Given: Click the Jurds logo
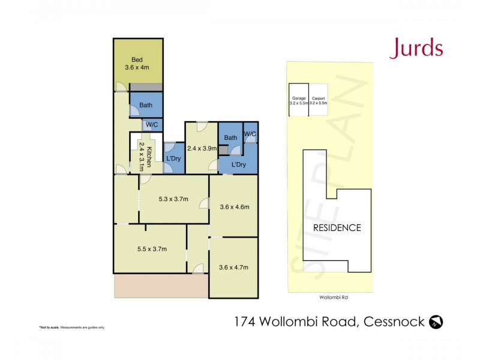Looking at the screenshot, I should [416, 48].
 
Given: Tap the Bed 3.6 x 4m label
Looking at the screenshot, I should [139, 64].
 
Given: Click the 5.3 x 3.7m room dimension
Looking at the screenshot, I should [173, 199].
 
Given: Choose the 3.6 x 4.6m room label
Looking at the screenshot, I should [234, 207].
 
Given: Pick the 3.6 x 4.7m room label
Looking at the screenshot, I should [233, 267].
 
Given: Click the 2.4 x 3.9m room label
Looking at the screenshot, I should [201, 148].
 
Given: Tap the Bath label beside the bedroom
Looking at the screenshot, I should [146, 105].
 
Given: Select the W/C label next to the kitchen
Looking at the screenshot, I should [151, 125].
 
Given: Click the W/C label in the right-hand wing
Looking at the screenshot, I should [250, 134].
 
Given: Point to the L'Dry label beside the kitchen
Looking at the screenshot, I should [173, 158].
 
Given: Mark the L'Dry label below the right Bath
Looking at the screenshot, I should [238, 164].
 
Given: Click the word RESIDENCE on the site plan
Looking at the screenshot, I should [337, 228].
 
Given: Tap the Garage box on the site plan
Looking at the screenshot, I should [299, 100].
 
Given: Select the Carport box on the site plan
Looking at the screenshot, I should [319, 100].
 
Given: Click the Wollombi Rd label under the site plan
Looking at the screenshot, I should [330, 297].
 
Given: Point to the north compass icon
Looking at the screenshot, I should [436, 322].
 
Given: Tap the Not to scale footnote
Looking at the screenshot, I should [72, 327].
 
